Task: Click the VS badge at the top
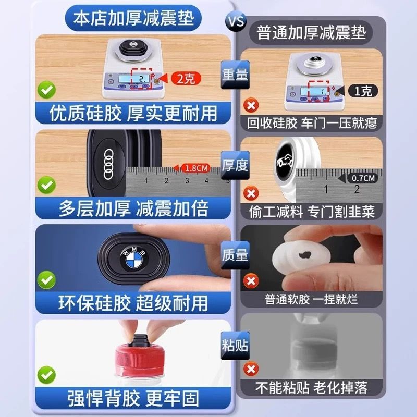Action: click(x=236, y=21)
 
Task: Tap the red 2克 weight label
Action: click(x=186, y=79)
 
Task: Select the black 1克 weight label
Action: click(x=363, y=91)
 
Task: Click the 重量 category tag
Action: click(x=235, y=75)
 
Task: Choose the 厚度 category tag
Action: click(x=235, y=165)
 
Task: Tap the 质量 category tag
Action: click(x=235, y=255)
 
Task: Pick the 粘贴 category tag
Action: click(x=235, y=346)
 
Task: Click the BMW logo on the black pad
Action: click(x=134, y=257)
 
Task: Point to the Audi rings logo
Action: click(x=108, y=164)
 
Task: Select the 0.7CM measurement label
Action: click(x=363, y=178)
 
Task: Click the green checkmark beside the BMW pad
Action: click(x=46, y=280)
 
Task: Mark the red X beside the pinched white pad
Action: click(x=251, y=281)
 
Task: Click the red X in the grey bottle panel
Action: click(x=251, y=370)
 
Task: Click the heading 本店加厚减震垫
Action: click(x=133, y=18)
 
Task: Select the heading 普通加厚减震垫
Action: click(x=311, y=32)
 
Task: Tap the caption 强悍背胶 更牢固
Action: click(x=133, y=398)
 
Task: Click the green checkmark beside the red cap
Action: click(x=46, y=375)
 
